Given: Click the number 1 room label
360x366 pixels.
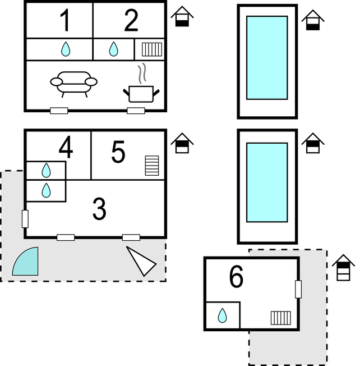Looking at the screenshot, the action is (65, 20).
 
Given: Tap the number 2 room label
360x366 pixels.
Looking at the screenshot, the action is (131, 20).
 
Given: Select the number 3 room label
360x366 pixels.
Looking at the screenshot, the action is (99, 209).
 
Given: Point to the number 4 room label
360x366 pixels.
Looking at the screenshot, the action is (66, 147).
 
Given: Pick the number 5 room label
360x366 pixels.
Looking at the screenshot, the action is (118, 152).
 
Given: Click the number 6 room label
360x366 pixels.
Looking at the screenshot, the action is (237, 277).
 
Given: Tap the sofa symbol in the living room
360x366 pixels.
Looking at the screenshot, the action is (73, 84).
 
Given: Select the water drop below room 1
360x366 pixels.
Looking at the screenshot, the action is (66, 49).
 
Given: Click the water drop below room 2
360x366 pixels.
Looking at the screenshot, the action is (113, 49).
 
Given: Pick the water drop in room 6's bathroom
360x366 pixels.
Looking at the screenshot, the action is (222, 315).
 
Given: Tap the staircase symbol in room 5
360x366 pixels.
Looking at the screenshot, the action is (152, 166).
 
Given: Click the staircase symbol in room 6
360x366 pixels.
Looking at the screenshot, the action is (281, 318).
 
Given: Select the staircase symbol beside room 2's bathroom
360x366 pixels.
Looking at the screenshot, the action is (152, 49).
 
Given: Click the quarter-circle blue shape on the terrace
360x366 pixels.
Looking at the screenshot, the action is (27, 263).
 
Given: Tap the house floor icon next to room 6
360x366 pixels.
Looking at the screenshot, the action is (343, 268).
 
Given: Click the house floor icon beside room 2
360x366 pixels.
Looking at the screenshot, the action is (182, 16).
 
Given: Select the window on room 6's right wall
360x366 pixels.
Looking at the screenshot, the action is (298, 289).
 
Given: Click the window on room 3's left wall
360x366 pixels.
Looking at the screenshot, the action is (25, 219).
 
